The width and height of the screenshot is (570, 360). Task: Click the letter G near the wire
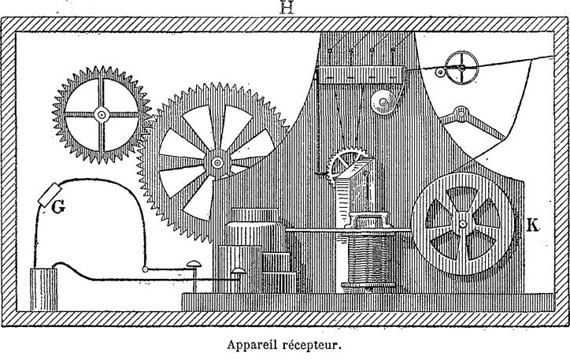(x=58, y=207)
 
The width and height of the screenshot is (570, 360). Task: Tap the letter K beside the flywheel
(x=532, y=225)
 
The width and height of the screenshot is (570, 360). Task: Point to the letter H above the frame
(x=287, y=7)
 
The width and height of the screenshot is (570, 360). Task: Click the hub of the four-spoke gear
(x=102, y=114)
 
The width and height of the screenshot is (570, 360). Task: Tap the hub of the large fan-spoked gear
(x=217, y=162)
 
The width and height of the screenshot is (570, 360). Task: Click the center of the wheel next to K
(x=462, y=224)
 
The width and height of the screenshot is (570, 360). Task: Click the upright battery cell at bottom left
(x=43, y=289)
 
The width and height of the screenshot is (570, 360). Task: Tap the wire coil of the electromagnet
(x=368, y=259)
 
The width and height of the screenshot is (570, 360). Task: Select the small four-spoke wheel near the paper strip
(x=461, y=68)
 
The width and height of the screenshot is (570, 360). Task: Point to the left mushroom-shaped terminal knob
(x=194, y=264)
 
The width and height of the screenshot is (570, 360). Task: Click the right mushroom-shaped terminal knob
(x=239, y=271)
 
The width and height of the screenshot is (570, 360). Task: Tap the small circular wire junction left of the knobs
(x=145, y=269)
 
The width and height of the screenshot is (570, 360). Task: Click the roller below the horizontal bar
(x=383, y=102)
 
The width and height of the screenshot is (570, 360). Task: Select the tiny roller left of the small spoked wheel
(x=440, y=72)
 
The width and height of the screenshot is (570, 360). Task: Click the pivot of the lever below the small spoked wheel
(x=461, y=113)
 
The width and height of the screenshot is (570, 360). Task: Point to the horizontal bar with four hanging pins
(x=361, y=75)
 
